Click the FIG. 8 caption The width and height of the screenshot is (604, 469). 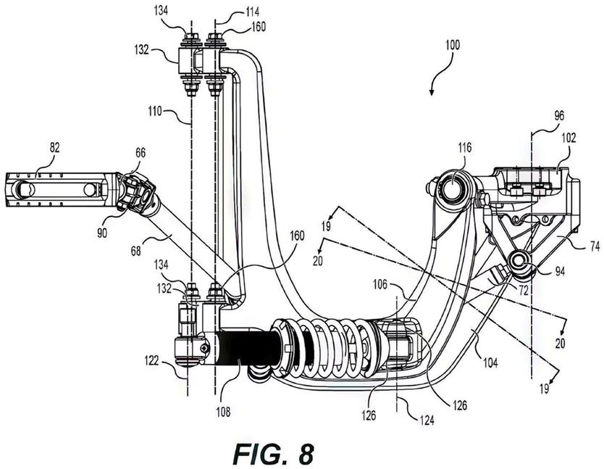click(x=274, y=454)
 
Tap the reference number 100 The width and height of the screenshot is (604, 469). click(x=453, y=45)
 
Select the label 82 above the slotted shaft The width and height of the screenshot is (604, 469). click(x=55, y=147)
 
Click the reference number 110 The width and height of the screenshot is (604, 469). click(x=155, y=112)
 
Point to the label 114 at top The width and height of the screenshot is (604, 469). click(x=252, y=12)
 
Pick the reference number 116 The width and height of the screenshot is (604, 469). click(x=464, y=147)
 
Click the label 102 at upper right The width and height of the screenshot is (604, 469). click(x=569, y=138)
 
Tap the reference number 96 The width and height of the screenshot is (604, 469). click(x=559, y=116)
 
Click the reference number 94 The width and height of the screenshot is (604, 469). click(x=560, y=272)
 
